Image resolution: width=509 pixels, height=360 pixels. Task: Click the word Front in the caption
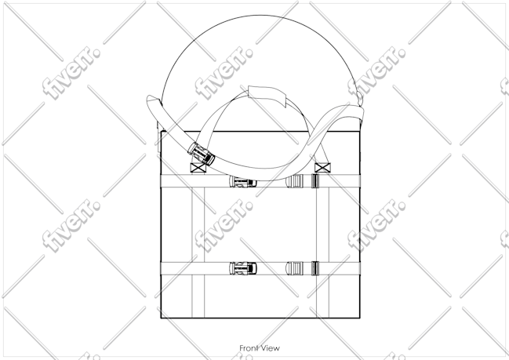click(x=249, y=348)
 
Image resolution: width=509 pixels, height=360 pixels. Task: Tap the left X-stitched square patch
click(x=198, y=168)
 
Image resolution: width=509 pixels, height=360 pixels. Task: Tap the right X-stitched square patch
click(x=322, y=168)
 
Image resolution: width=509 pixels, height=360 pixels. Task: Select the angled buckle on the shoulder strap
click(x=202, y=154)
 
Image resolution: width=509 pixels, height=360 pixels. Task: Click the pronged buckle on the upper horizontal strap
click(x=243, y=182)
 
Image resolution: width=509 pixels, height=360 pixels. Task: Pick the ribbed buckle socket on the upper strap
click(x=294, y=181)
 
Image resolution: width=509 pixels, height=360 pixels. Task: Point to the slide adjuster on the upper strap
click(x=314, y=181)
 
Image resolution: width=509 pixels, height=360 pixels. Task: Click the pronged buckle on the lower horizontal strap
click(x=243, y=268)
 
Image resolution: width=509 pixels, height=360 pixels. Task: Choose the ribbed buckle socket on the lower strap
click(x=294, y=268)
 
